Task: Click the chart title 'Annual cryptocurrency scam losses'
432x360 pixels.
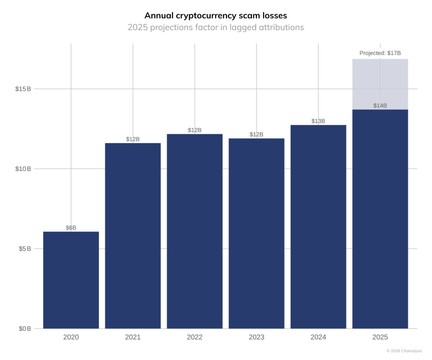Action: coord(216,16)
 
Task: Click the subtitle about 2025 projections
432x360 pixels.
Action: coord(216,28)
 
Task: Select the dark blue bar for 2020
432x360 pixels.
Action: coord(71,280)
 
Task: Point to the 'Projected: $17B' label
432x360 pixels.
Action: coord(380,53)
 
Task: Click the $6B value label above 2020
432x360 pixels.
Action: coord(71,228)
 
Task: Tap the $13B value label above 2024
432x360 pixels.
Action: coord(318,121)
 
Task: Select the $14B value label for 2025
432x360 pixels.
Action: coord(380,105)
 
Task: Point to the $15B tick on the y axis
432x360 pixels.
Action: coord(23,89)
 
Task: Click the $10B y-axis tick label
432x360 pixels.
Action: coord(23,169)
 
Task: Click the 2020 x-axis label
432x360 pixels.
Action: coord(71,337)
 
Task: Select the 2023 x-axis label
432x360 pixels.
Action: coord(257,337)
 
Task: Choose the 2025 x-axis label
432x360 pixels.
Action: coord(380,337)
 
